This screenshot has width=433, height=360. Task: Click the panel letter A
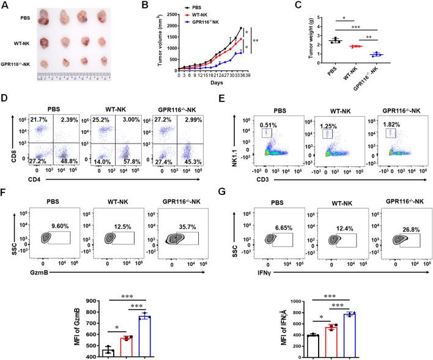[6, 6]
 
